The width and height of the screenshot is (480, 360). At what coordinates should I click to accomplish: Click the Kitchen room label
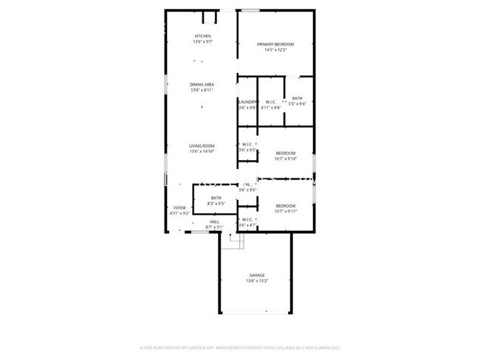point(202,36)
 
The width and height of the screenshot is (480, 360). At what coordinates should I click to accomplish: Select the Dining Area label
point(202,85)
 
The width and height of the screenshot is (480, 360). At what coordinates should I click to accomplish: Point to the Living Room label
point(202,146)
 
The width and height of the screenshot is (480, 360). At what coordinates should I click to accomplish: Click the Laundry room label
point(247,102)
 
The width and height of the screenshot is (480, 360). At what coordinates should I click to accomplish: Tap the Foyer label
point(179,208)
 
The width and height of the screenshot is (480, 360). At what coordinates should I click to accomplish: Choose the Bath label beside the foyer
point(216,198)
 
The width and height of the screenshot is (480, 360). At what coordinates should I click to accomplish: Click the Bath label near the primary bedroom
point(297,99)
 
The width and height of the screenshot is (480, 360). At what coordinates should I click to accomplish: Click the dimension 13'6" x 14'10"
point(202,152)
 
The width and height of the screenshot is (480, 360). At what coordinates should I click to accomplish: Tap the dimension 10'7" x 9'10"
point(285,158)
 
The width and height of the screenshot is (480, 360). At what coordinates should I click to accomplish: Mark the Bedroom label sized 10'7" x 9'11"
point(285,205)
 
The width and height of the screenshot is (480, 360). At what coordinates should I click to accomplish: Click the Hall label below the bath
point(214,221)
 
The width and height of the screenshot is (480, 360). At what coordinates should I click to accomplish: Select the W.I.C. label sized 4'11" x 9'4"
point(270,102)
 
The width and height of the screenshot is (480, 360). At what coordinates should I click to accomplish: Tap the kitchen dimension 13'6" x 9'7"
point(202,42)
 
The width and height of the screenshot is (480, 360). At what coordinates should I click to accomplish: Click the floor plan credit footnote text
point(239,347)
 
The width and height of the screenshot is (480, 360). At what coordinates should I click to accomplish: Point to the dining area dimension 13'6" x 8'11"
point(202,91)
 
